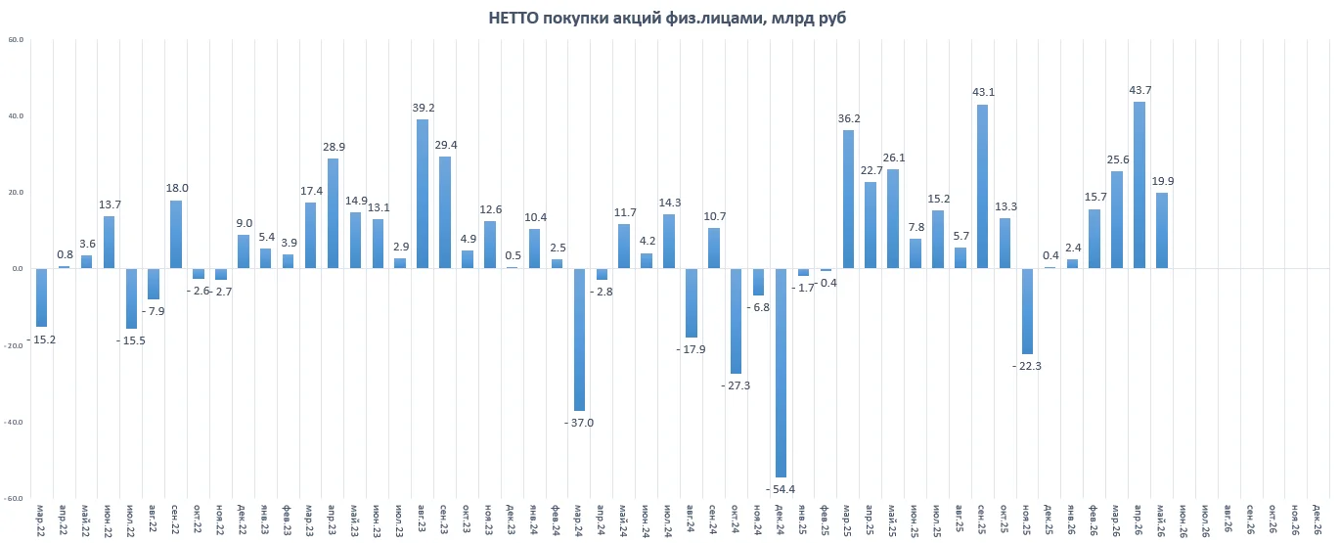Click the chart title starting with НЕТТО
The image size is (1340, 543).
pos(667,18)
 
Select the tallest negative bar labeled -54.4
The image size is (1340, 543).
pos(781,373)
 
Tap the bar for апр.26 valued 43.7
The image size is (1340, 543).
pos(1139,185)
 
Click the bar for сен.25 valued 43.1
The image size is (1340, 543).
pos(982,186)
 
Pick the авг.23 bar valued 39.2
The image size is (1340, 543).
pos(423,194)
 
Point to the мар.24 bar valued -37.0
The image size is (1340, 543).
pos(579,339)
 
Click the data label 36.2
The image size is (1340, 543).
pos(849,118)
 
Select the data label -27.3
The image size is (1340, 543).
pos(736,385)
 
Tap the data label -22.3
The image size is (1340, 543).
pos(1027,366)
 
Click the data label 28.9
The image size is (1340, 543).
pos(334,147)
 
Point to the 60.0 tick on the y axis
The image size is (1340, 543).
pos(16,40)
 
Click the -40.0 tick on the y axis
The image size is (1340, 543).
pos(15,422)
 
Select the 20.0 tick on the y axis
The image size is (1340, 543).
pos(16,193)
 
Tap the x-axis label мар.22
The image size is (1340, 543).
pos(41,520)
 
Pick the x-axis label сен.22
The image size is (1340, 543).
pos(175,520)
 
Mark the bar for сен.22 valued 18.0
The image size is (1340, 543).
pos(176,234)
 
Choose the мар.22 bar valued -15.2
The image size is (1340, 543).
pos(41,297)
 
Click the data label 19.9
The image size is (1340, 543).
pos(1162,181)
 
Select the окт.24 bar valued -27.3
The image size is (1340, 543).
pos(736,321)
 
